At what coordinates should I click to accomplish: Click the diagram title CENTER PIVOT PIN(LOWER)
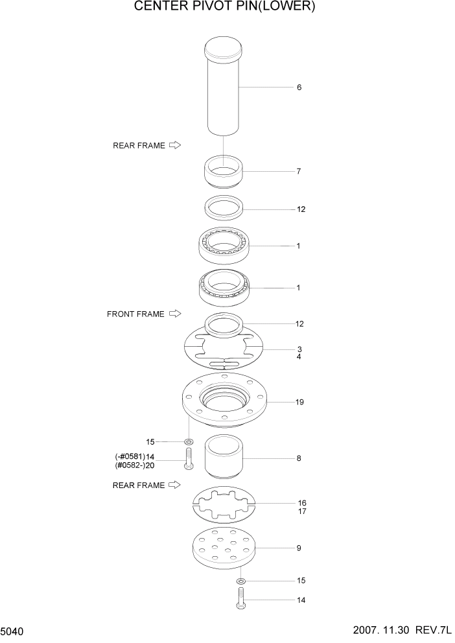[224, 7]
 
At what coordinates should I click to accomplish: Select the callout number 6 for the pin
[299, 88]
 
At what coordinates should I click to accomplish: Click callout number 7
[298, 172]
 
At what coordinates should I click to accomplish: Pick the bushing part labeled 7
[224, 172]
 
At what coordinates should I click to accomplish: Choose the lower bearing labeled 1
[224, 287]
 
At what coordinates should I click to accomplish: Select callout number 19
[299, 403]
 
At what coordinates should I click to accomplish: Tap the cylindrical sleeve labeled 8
[224, 459]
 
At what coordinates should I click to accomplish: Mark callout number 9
[299, 548]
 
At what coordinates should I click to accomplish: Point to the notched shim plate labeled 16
[224, 503]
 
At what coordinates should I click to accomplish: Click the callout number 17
[301, 511]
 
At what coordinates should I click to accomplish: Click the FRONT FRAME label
[136, 314]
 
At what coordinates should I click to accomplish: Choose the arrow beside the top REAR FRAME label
[174, 146]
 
